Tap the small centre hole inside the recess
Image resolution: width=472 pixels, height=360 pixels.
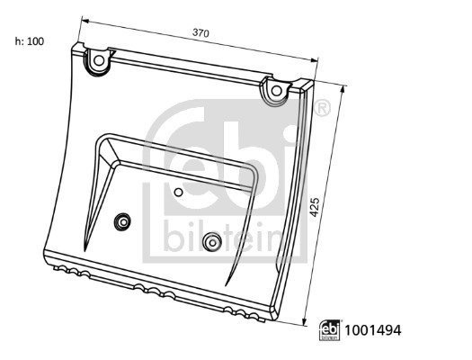pyautogui.click(x=178, y=193)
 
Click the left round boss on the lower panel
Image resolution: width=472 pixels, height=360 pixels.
pyautogui.click(x=121, y=221)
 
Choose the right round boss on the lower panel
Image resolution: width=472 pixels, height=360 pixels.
pyautogui.click(x=212, y=240)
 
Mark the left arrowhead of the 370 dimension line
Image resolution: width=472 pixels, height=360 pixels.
pyautogui.click(x=84, y=19)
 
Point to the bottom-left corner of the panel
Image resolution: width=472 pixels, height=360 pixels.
pyautogui.click(x=42, y=253)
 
